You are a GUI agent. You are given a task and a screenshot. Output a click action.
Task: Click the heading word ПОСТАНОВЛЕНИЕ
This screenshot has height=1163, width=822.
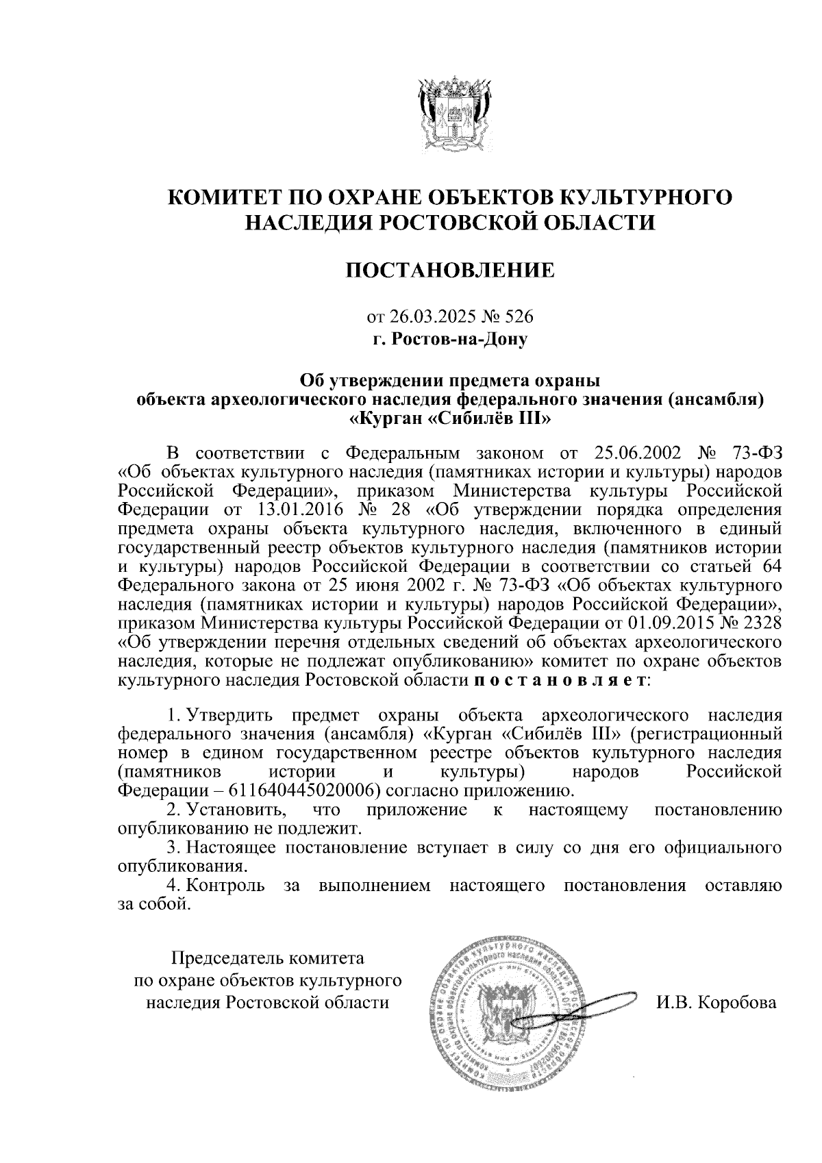[450, 271]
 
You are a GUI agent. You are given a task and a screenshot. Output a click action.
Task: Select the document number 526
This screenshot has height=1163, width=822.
[519, 317]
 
